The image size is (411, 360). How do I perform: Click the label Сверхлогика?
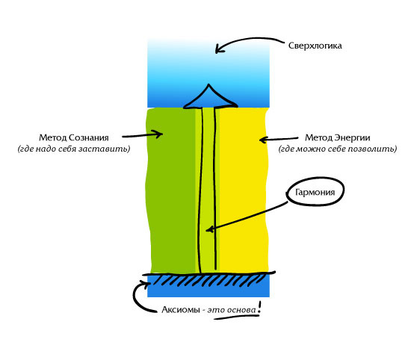click(x=315, y=46)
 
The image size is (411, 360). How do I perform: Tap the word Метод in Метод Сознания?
click(x=52, y=137)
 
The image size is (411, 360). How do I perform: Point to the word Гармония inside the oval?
click(x=315, y=192)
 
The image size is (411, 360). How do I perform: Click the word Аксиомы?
click(x=181, y=310)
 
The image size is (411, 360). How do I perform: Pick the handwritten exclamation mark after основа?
click(x=259, y=307)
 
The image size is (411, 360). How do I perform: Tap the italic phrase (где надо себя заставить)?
click(x=74, y=149)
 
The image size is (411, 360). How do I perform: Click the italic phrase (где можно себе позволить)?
click(x=337, y=149)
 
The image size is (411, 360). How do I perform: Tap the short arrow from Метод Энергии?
click(x=279, y=139)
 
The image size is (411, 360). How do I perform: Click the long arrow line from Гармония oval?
click(x=247, y=216)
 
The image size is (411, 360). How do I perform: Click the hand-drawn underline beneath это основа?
click(x=236, y=317)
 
